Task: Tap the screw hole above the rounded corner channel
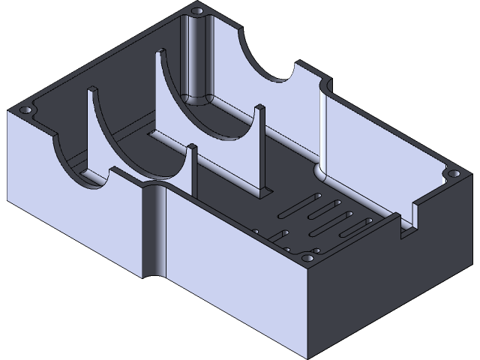tap(198, 12)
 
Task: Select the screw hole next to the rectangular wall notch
tap(453, 174)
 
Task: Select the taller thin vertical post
tap(259, 150)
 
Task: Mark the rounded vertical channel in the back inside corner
tap(199, 60)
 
